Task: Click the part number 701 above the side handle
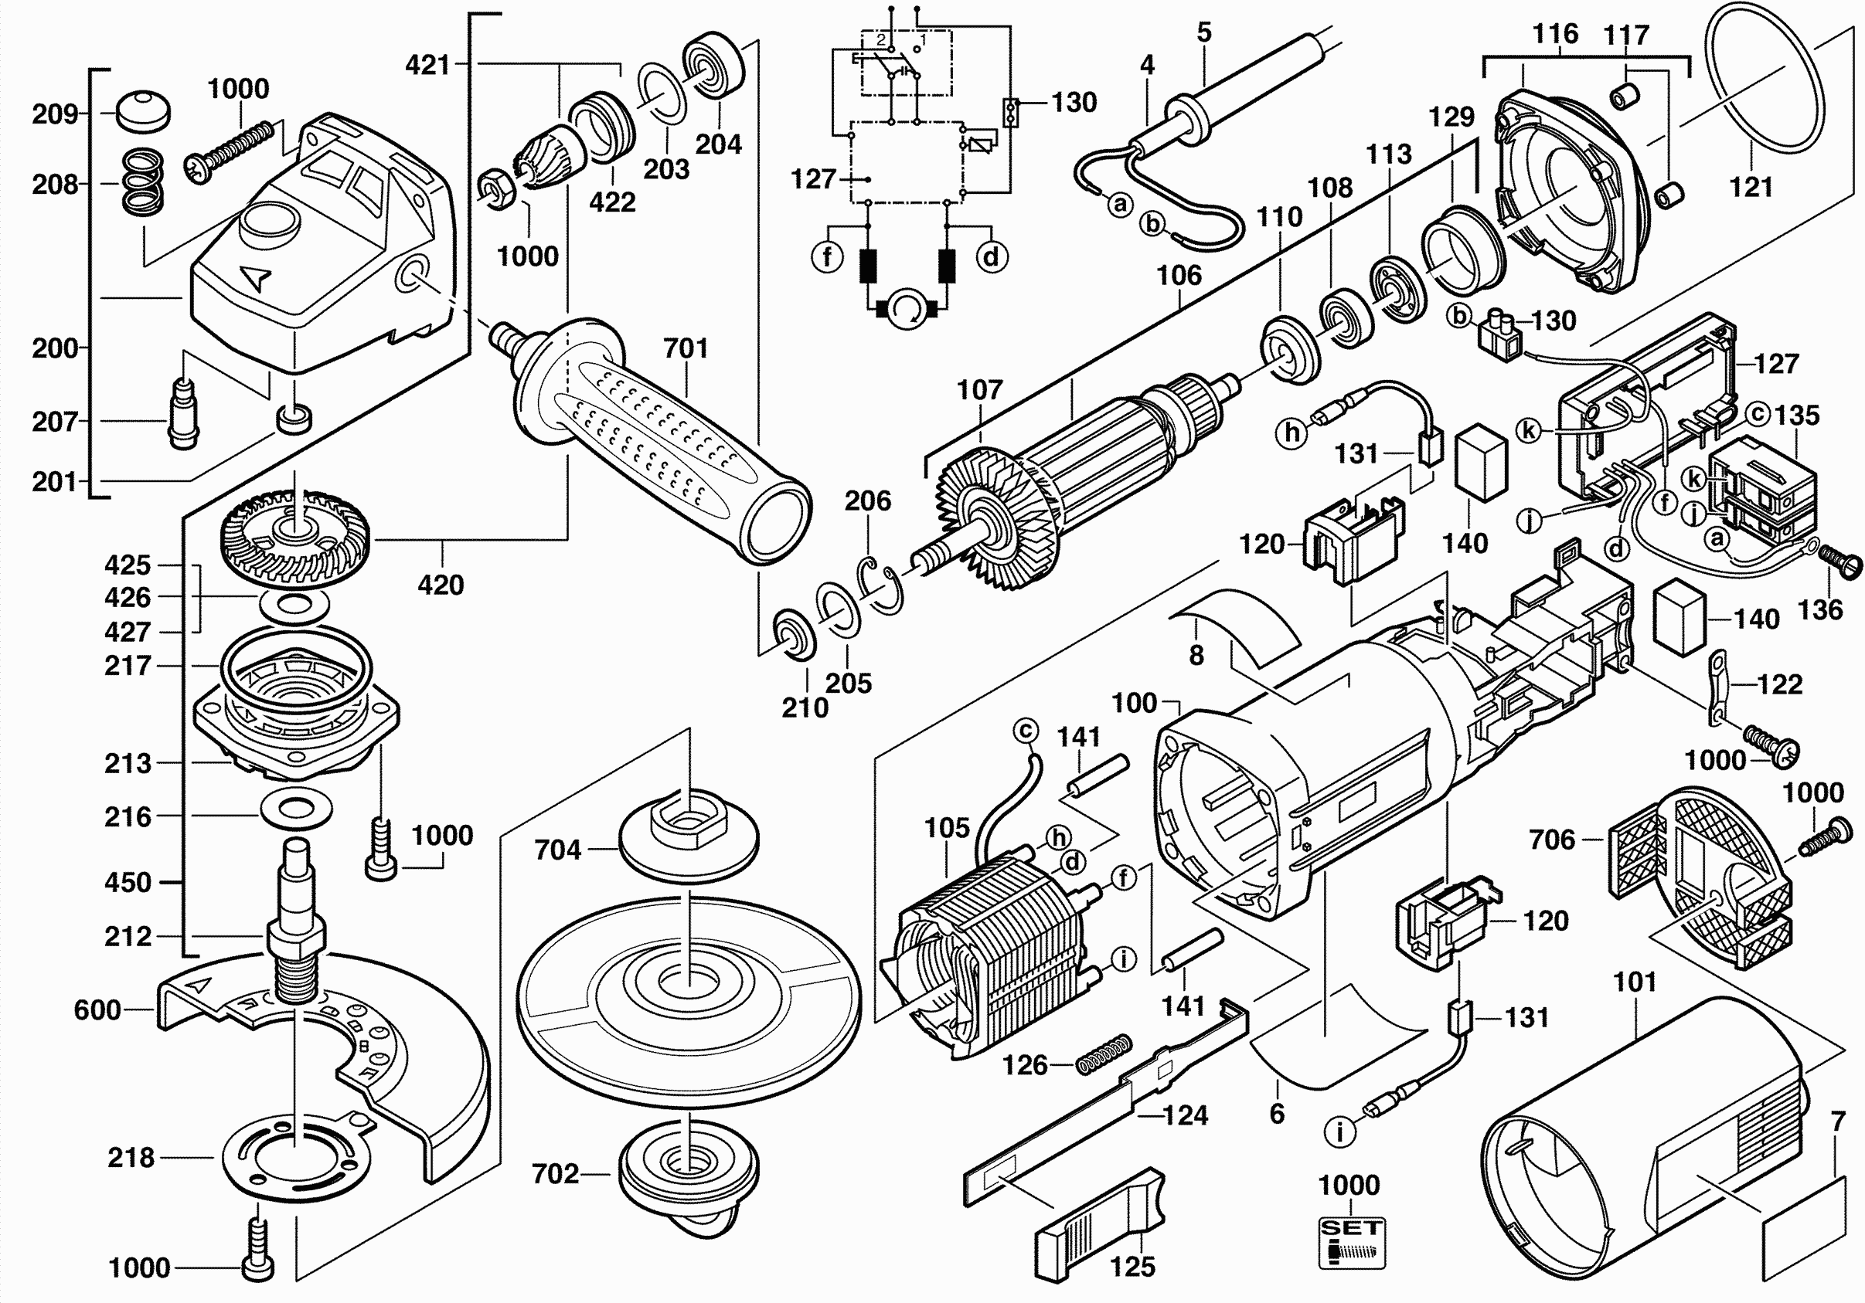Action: tap(686, 348)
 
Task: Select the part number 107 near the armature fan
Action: tap(979, 390)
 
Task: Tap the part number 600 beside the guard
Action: tap(97, 1010)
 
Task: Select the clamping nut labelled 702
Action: tap(689, 1173)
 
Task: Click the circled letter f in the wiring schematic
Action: tap(827, 257)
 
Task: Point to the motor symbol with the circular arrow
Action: tap(906, 309)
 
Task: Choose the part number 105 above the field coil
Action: tap(947, 828)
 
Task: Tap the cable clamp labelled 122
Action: tap(1720, 687)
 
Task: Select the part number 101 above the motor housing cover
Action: tap(1635, 982)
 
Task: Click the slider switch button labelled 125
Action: tap(1101, 1226)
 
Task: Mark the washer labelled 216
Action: tap(297, 809)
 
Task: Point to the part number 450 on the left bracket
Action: tap(128, 883)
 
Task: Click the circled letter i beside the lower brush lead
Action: tap(1339, 1132)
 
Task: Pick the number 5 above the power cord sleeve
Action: tap(1204, 33)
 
